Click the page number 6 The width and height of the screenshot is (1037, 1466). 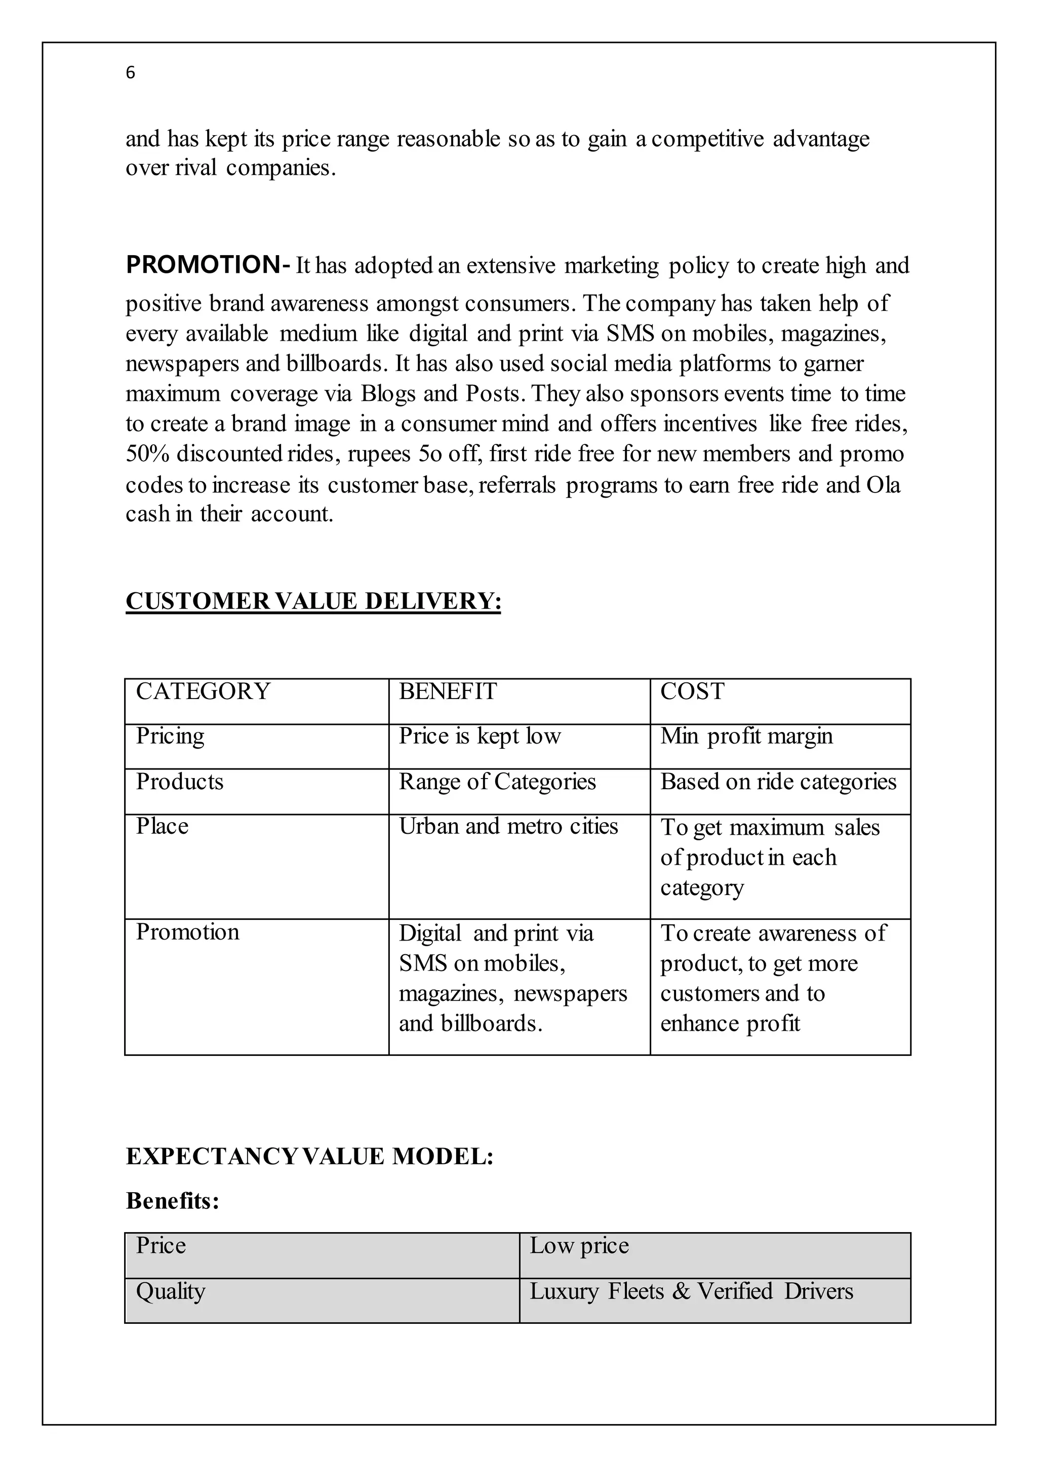[130, 73]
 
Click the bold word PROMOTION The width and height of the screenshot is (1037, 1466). [203, 264]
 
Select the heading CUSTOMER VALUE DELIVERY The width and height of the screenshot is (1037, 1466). [313, 601]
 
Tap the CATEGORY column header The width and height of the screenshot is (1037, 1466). [203, 691]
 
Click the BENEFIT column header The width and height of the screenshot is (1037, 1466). [448, 691]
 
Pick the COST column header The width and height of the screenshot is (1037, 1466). [692, 691]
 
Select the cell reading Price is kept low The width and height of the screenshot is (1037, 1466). [480, 736]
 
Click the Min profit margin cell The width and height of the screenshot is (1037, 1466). [746, 736]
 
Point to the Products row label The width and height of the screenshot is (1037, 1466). [179, 782]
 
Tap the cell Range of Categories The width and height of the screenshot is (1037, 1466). [497, 782]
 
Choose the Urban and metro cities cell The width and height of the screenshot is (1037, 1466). [508, 826]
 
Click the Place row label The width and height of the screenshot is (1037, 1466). [162, 826]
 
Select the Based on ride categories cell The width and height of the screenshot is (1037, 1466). [778, 782]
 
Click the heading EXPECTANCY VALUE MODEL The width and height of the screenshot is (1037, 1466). [310, 1156]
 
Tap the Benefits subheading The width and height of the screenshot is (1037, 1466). [172, 1201]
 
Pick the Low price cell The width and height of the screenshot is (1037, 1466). [579, 1246]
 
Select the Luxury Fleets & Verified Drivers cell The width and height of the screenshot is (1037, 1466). [691, 1291]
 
